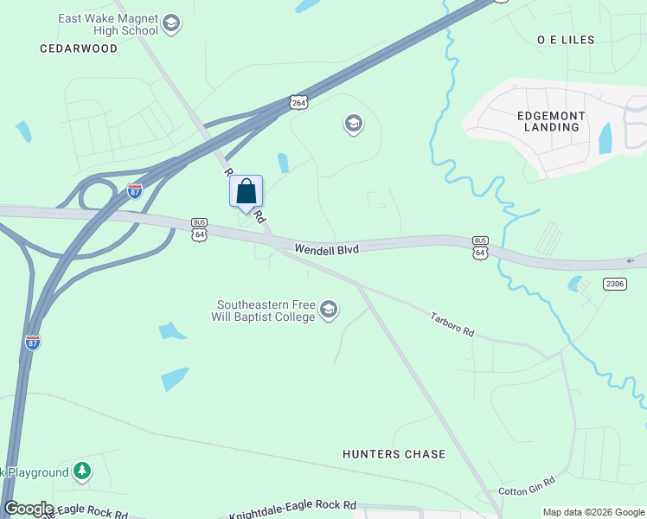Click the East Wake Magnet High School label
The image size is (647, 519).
[108, 24]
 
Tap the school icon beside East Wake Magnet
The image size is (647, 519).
[170, 23]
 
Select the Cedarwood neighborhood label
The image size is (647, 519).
[79, 48]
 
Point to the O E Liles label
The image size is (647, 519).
[566, 40]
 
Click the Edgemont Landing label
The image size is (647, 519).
[552, 121]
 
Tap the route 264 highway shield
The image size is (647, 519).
[298, 102]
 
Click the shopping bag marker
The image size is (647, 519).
[247, 192]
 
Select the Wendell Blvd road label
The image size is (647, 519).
[326, 249]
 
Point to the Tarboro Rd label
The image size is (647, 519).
[452, 324]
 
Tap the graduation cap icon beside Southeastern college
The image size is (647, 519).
[328, 310]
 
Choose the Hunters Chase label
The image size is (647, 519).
[394, 454]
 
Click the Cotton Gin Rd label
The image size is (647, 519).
[527, 490]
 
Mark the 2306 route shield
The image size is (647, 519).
[614, 284]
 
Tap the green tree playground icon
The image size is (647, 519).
[82, 471]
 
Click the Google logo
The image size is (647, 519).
[29, 509]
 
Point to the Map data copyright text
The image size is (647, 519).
[593, 512]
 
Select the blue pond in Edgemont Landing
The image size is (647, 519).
[605, 138]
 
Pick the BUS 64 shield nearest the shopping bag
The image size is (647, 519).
[200, 228]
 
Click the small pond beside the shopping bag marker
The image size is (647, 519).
[283, 163]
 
